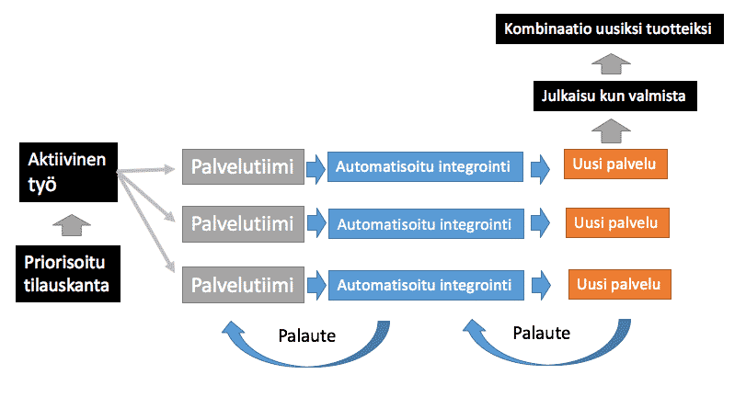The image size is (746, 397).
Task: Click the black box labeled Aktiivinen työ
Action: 67,173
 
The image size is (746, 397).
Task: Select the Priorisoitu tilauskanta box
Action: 67,273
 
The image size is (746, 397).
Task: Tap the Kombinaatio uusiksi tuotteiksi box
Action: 607,28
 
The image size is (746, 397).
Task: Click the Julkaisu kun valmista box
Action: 613,95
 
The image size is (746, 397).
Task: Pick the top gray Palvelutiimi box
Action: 242,166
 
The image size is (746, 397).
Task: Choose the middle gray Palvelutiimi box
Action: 242,223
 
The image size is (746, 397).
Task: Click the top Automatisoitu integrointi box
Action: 424,166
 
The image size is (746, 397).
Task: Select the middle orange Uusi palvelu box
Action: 615,222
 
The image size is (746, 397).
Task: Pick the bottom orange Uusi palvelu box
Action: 619,283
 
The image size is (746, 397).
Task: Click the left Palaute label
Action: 306,335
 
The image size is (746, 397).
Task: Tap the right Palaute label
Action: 541,332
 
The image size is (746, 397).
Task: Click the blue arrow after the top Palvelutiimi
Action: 315,166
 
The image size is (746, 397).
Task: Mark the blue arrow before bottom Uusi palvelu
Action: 546,283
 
